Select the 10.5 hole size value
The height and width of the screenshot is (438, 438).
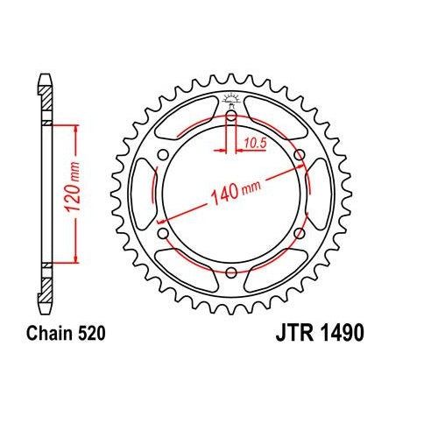coord(254,142)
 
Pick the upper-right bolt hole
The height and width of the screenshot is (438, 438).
coord(300,155)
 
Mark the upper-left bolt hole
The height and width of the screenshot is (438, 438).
coord(163,155)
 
